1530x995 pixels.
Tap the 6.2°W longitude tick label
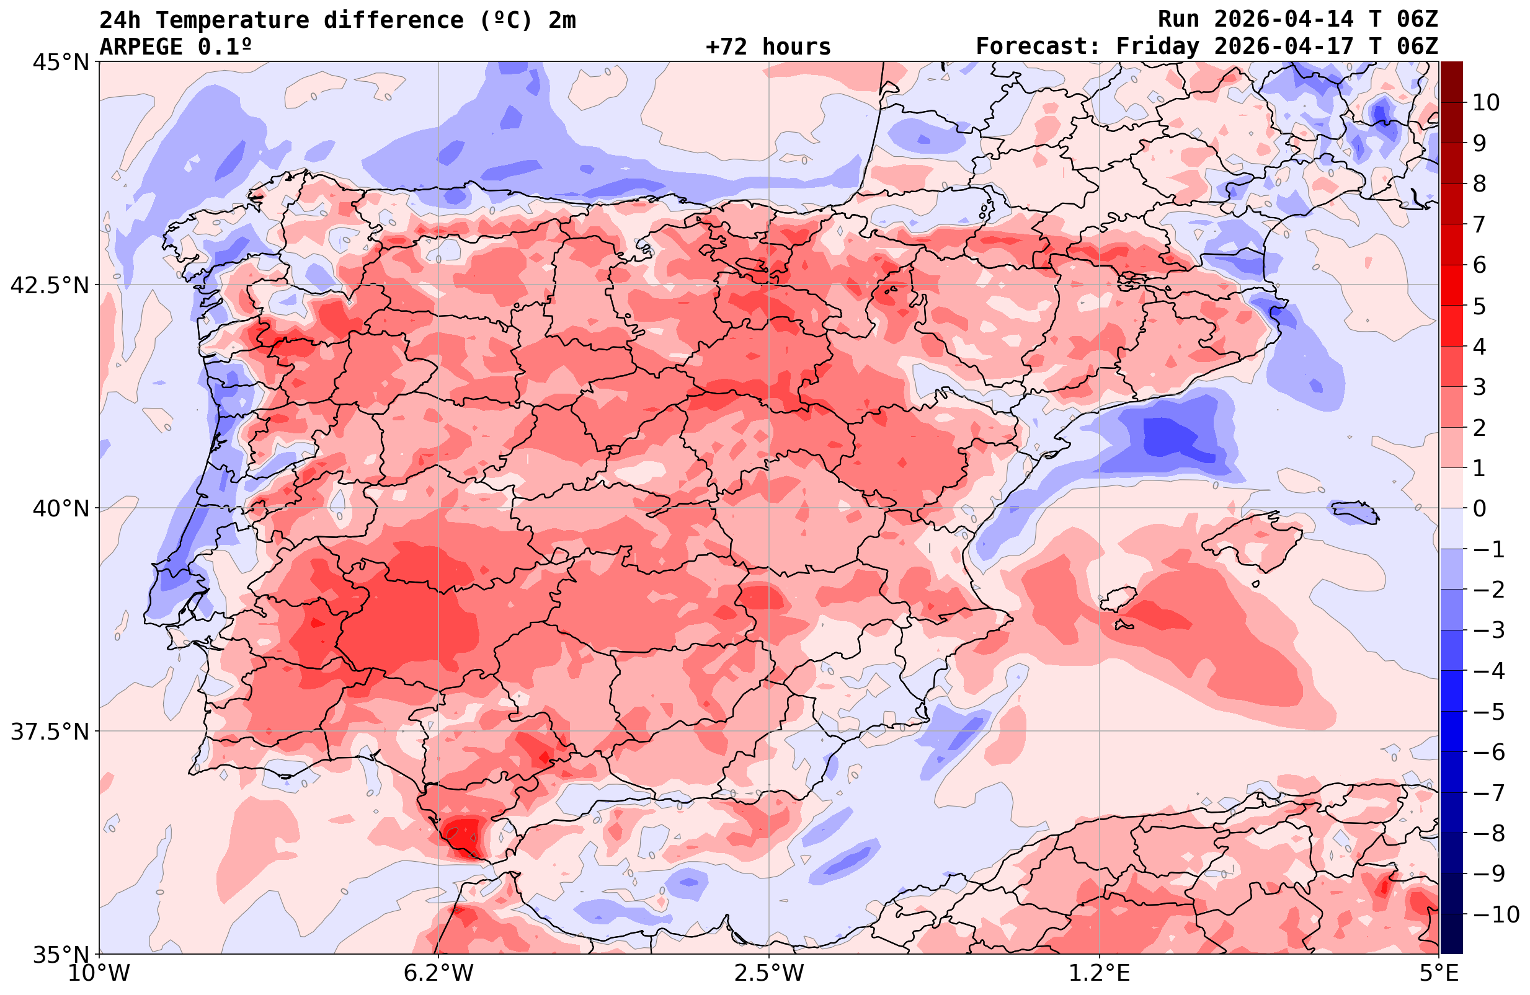click(438, 973)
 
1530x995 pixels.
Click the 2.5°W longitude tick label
click(769, 973)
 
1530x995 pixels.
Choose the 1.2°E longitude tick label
click(1100, 973)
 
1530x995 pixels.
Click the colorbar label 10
click(1487, 102)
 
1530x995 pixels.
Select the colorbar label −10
click(1495, 914)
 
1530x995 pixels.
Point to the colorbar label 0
click(1479, 508)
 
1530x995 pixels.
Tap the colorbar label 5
click(1479, 306)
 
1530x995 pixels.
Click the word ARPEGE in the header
click(141, 46)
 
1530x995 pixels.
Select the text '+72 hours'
click(768, 46)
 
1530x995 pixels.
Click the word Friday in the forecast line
click(1157, 46)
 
